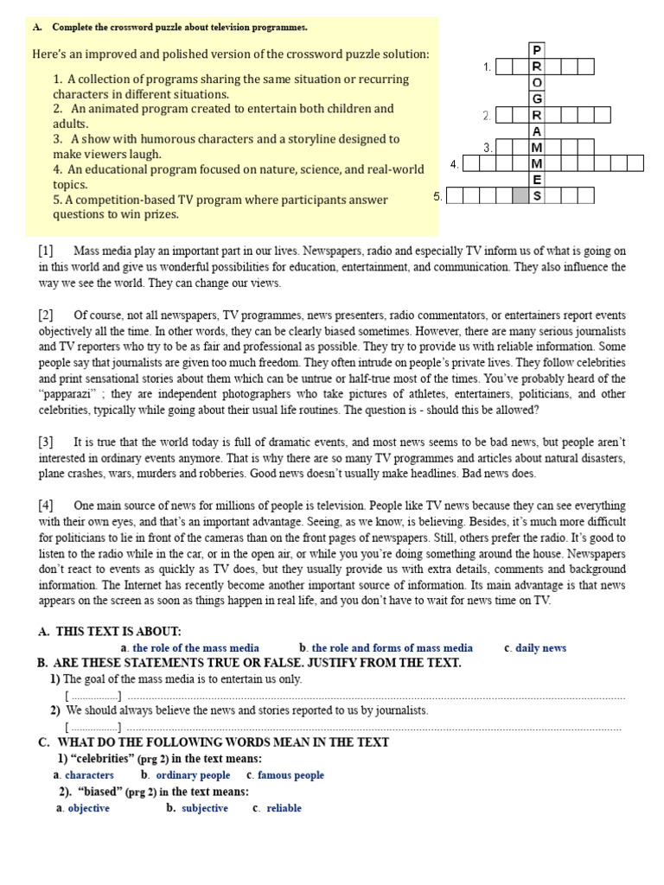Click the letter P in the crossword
coord(537,49)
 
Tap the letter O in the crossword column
coord(537,82)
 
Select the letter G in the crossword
coord(537,99)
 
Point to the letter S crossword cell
coord(537,196)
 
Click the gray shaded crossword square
coord(520,196)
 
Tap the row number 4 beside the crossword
coord(454,163)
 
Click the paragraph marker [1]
coord(46,251)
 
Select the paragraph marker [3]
coord(46,442)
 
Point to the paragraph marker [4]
coord(46,505)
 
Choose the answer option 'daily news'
coord(540,647)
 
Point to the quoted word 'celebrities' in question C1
coord(100,759)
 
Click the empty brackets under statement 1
coord(93,696)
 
